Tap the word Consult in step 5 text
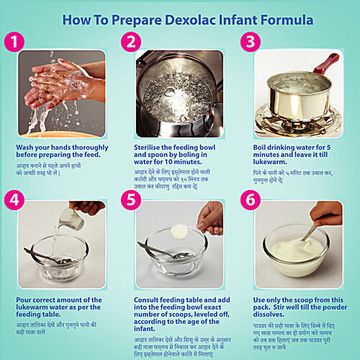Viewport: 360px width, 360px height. (x=152, y=298)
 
